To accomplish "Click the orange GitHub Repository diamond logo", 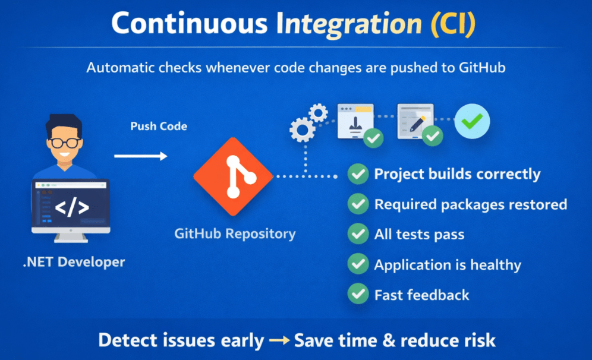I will point(233,176).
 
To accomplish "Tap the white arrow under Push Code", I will point(140,156).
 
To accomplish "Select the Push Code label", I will point(159,127).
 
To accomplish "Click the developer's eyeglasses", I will point(65,143).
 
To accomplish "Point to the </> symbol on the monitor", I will point(72,207).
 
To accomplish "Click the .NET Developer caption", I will point(74,261).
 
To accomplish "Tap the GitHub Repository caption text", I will point(235,233).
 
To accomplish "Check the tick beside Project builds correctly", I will point(358,174).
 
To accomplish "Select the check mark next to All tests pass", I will point(358,234).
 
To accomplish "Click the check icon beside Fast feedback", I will point(358,294).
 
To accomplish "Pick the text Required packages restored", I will point(470,204).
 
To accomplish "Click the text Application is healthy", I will point(447,265).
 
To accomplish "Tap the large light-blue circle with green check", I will point(472,122).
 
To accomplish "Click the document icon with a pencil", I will point(415,121).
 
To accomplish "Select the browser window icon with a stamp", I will point(355,121).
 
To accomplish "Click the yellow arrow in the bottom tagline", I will point(279,341).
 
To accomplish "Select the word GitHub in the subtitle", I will point(482,67).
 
